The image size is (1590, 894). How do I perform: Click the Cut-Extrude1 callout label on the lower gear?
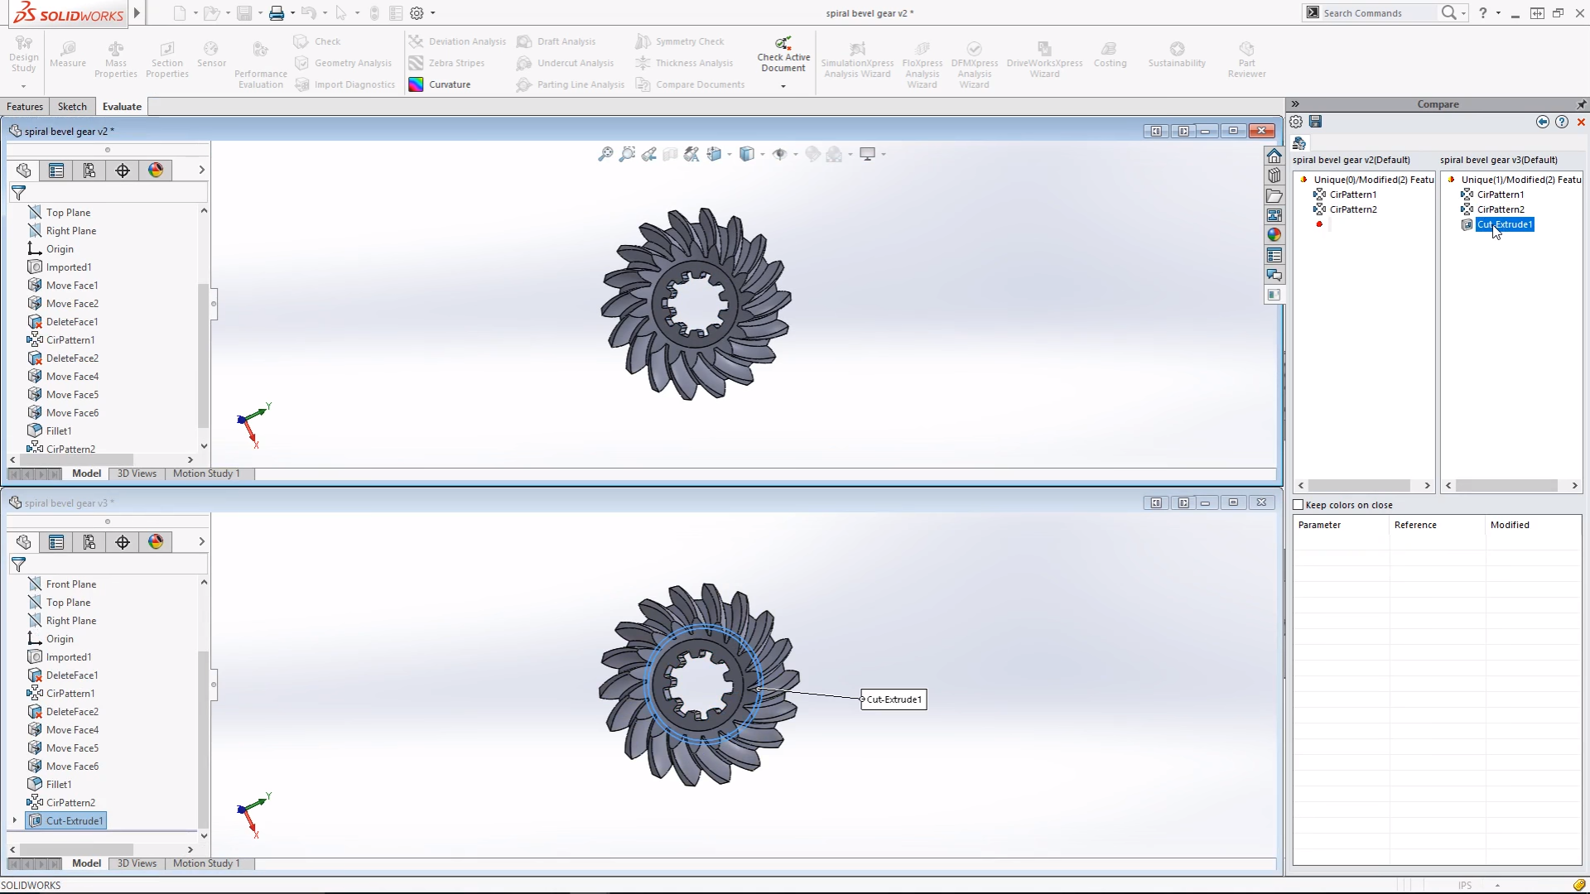(x=894, y=699)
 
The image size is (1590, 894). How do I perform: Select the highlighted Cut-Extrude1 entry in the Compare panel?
(x=1504, y=224)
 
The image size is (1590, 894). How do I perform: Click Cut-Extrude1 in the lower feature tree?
(x=75, y=821)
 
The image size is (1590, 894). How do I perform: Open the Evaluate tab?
(x=122, y=107)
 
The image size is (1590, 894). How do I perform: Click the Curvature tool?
(x=449, y=84)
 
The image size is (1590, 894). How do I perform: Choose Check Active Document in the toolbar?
(x=783, y=55)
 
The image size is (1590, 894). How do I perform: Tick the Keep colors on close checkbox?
(x=1298, y=505)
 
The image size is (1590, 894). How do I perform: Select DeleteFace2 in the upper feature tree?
(x=72, y=358)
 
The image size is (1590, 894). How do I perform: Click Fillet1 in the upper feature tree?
(x=59, y=431)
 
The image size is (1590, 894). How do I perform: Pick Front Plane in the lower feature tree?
(x=71, y=584)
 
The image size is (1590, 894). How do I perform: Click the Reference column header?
(x=1415, y=525)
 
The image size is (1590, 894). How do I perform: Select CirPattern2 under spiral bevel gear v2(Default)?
(x=1353, y=209)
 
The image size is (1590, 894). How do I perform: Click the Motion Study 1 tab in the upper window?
(x=206, y=473)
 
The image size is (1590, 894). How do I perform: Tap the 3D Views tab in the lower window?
(x=137, y=863)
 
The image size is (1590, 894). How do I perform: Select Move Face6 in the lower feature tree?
(x=72, y=767)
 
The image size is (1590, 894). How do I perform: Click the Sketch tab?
(x=72, y=107)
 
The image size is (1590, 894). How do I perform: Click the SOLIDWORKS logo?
(x=70, y=13)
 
